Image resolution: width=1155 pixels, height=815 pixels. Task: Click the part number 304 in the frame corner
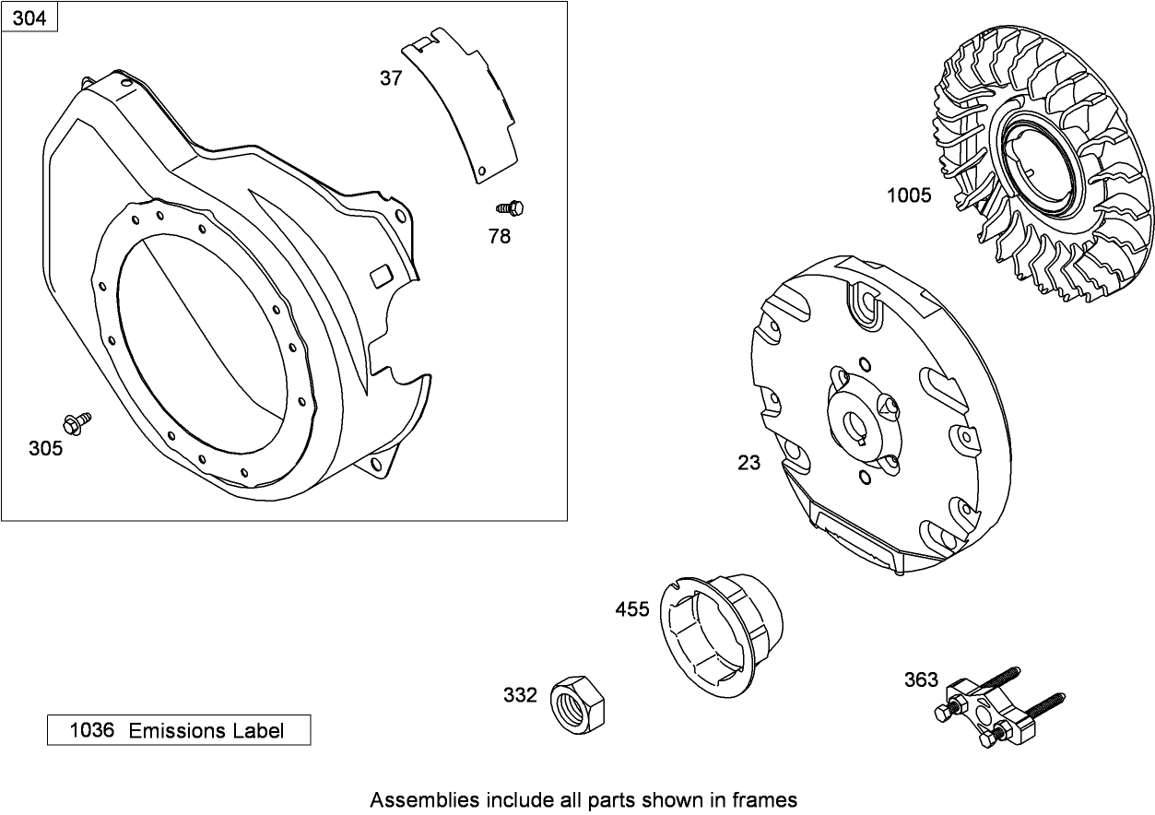(29, 17)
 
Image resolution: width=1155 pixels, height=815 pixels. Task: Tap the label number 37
(391, 78)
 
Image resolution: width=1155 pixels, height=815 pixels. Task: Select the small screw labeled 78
(512, 208)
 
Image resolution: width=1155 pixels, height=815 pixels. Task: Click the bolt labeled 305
(75, 423)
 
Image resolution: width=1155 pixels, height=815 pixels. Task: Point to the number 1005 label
(909, 195)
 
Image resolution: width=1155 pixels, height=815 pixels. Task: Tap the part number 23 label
(749, 463)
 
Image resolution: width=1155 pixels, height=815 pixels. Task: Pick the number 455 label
(632, 609)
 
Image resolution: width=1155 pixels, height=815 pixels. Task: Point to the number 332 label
(520, 695)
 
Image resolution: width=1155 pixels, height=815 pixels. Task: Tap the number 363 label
(921, 680)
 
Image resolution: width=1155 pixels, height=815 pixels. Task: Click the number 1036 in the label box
(92, 731)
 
